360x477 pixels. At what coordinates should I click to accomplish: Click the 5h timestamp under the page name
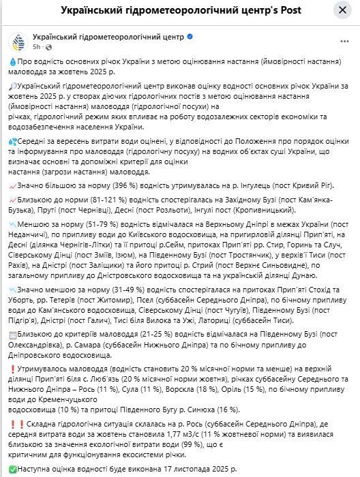click(36, 47)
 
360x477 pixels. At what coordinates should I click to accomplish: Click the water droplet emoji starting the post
click(12, 61)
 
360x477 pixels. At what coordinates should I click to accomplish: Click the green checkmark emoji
click(12, 469)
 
